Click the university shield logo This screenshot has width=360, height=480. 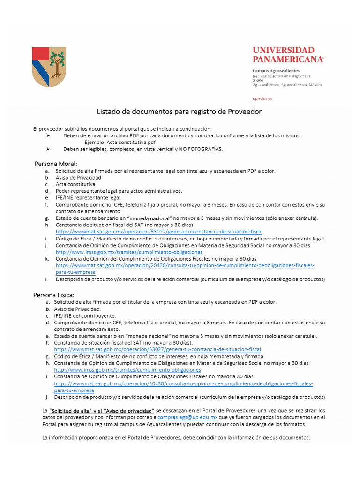click(49, 67)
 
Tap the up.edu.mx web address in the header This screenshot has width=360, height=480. click(262, 98)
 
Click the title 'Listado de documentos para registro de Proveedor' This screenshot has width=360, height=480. click(179, 112)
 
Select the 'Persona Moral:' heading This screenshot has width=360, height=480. click(56, 164)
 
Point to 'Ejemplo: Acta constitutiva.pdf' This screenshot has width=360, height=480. click(120, 142)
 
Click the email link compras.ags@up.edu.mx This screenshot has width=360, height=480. click(187, 417)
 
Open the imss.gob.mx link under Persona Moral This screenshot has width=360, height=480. click(129, 252)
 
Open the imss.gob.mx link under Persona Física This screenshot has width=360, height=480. click(127, 370)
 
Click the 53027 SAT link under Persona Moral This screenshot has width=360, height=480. click(159, 232)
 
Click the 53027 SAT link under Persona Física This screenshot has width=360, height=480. click(157, 350)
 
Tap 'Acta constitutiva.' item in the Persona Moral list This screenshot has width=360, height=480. click(76, 184)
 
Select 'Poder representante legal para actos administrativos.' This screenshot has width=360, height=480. click(112, 191)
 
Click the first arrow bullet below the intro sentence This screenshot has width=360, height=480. click(48, 135)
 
